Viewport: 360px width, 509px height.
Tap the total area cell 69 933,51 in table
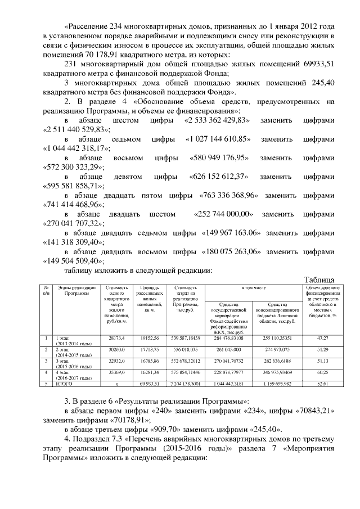(150, 384)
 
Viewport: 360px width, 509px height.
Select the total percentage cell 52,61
(322, 384)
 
